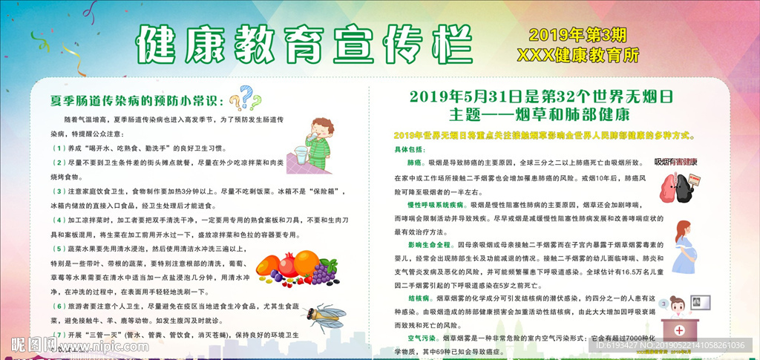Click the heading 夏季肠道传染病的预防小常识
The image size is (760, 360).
(134, 99)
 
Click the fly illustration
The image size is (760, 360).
(324, 317)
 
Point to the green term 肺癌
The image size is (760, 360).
(414, 161)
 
